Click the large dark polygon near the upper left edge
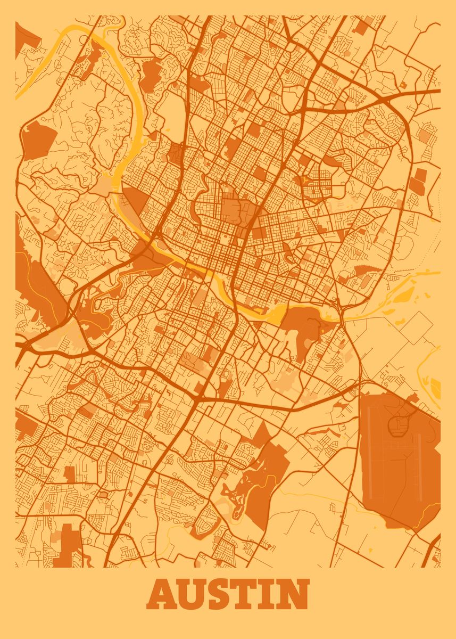pyautogui.click(x=38, y=140)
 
